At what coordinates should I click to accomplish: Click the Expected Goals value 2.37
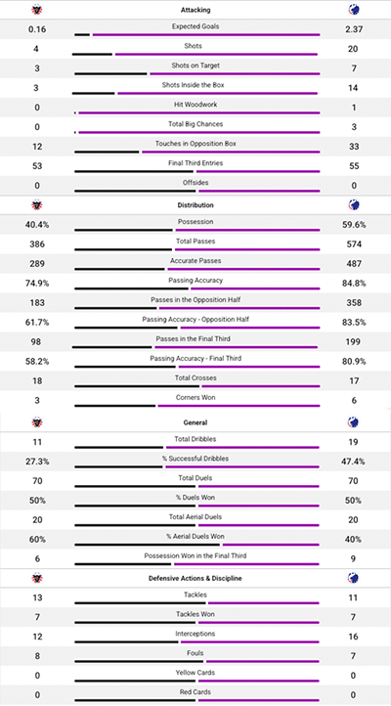pyautogui.click(x=354, y=29)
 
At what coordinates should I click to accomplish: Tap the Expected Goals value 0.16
pyautogui.click(x=36, y=29)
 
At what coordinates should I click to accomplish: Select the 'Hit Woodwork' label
pyautogui.click(x=195, y=105)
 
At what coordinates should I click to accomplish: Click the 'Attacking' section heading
pyautogui.click(x=195, y=9)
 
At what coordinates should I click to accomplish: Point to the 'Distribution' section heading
pyautogui.click(x=195, y=205)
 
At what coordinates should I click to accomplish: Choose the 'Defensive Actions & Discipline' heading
pyautogui.click(x=195, y=578)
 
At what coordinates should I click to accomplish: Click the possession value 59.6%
pyautogui.click(x=354, y=224)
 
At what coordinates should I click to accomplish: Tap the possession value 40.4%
pyautogui.click(x=36, y=224)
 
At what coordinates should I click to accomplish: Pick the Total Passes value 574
pyautogui.click(x=354, y=243)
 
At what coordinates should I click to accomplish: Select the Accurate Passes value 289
pyautogui.click(x=36, y=264)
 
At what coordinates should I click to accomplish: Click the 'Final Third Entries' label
pyautogui.click(x=195, y=162)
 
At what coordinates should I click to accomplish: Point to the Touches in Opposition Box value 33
pyautogui.click(x=354, y=146)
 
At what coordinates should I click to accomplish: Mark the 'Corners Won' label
pyautogui.click(x=195, y=397)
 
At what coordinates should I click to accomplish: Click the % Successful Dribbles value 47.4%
pyautogui.click(x=354, y=461)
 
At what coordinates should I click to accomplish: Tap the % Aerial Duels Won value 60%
pyautogui.click(x=36, y=538)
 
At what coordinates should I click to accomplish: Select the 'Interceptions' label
pyautogui.click(x=195, y=634)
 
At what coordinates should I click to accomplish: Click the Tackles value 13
pyautogui.click(x=36, y=597)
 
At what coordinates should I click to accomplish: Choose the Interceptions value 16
pyautogui.click(x=354, y=636)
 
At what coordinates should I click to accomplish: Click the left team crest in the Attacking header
pyautogui.click(x=36, y=10)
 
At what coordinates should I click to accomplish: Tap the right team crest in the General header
pyautogui.click(x=354, y=421)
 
